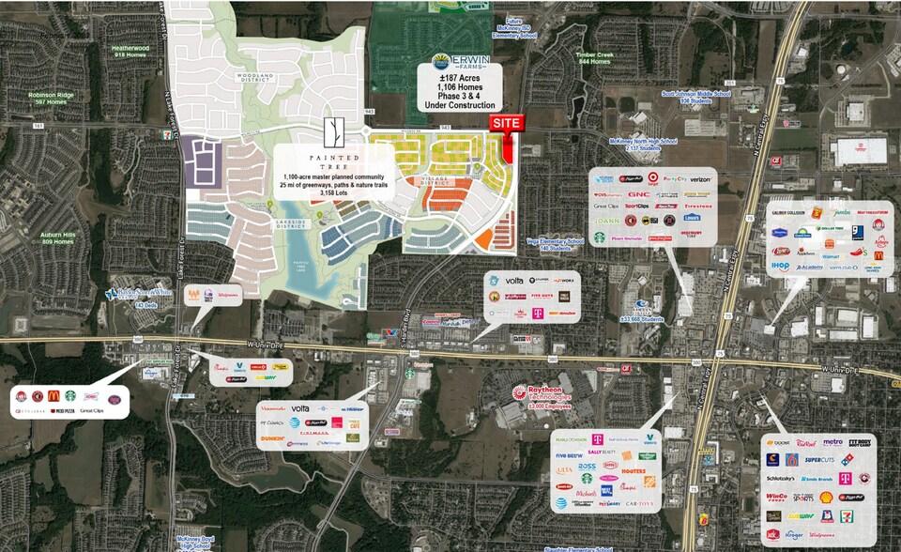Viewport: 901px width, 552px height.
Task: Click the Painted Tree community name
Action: (332, 161)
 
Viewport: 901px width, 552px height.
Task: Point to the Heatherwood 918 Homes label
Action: (130, 51)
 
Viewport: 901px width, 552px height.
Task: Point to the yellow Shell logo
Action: (826, 498)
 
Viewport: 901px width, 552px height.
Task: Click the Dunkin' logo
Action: (273, 437)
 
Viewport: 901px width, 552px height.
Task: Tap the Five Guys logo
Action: (539, 295)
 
